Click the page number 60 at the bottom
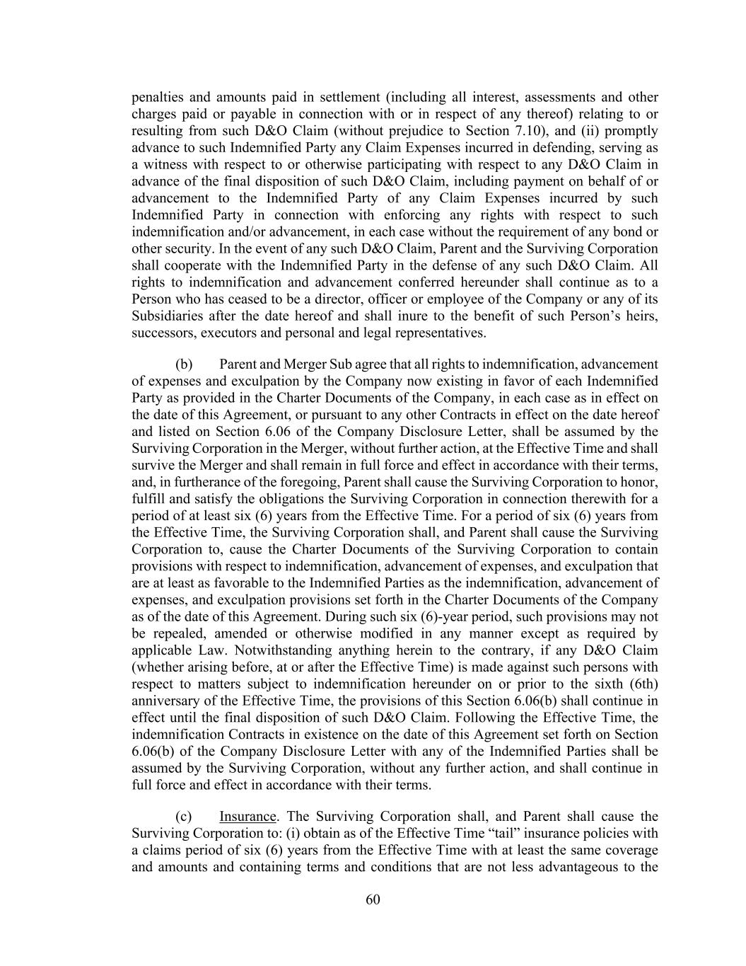pyautogui.click(x=373, y=899)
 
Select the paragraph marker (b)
pyautogui.click(x=184, y=364)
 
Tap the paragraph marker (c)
pyautogui.click(x=184, y=816)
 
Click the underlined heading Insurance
pyautogui.click(x=247, y=816)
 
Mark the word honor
pyautogui.click(x=640, y=482)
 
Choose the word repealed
pyautogui.click(x=173, y=633)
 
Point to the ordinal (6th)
pyautogui.click(x=641, y=684)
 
